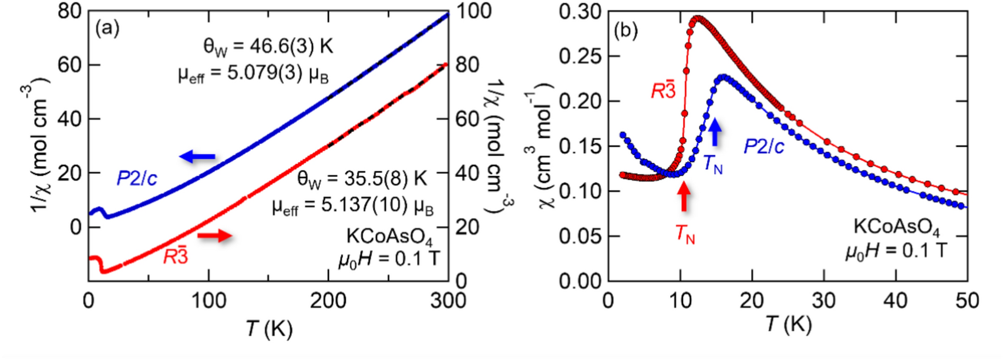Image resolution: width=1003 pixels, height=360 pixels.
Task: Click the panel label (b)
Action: (x=625, y=31)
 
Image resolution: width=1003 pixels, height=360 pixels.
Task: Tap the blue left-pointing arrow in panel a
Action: (x=197, y=157)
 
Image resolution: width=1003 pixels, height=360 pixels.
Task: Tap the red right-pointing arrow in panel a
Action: (x=214, y=236)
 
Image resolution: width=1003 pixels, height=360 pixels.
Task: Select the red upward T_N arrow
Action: (x=684, y=197)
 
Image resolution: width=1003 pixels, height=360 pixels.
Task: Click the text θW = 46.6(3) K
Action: (x=264, y=46)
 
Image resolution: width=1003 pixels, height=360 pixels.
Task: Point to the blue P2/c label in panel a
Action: (x=137, y=179)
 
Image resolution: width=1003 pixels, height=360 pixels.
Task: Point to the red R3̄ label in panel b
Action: (x=664, y=91)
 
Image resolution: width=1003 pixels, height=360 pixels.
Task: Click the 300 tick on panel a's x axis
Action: (x=448, y=301)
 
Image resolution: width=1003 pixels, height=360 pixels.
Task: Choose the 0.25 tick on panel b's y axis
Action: (x=580, y=56)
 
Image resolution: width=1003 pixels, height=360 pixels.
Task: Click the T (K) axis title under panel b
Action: (x=789, y=324)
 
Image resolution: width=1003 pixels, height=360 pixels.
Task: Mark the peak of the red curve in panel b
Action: (x=698, y=18)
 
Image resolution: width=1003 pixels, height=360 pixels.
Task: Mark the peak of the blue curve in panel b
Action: (x=723, y=76)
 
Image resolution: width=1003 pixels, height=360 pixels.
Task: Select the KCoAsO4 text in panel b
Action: (x=897, y=228)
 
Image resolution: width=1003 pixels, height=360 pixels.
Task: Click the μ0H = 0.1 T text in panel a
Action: (x=389, y=259)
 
